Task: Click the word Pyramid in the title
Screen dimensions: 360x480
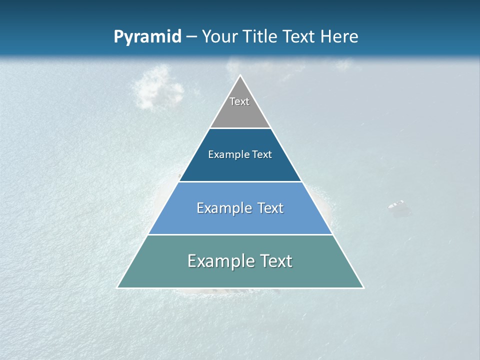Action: coord(147,37)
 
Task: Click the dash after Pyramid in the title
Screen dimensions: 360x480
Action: coord(191,37)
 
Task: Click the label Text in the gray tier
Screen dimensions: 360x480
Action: coord(239,101)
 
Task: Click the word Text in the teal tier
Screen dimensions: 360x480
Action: coord(276,261)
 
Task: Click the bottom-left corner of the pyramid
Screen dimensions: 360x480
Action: coord(117,287)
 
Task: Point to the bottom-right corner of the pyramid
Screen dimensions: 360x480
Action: coord(363,287)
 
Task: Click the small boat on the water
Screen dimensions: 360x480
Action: coord(396,205)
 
